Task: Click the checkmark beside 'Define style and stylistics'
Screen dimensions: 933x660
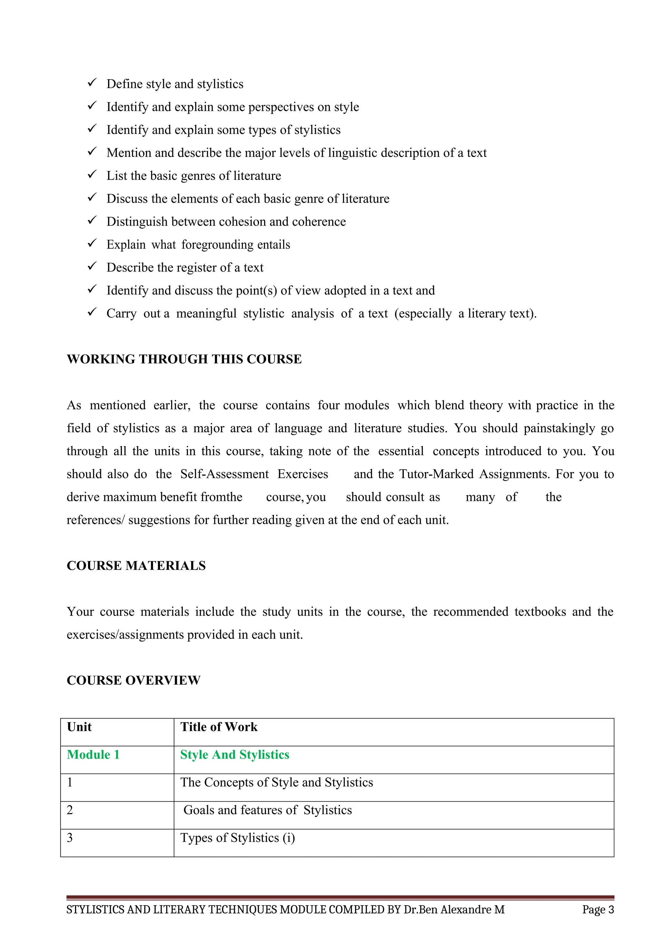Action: (x=92, y=83)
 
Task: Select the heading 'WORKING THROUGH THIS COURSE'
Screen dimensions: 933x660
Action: (x=184, y=359)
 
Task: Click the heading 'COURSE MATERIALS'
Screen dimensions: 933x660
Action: (x=136, y=566)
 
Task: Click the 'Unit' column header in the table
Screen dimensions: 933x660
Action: (x=79, y=727)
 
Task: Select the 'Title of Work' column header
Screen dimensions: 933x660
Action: (x=218, y=727)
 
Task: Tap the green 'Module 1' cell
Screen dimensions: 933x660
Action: (x=93, y=755)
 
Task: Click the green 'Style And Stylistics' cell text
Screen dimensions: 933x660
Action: (x=235, y=755)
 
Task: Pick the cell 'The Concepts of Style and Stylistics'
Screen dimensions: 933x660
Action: (x=277, y=782)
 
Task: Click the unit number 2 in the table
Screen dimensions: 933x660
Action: (x=70, y=810)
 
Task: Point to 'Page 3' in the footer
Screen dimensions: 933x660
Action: (x=598, y=910)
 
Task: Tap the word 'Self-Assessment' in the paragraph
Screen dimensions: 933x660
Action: (x=224, y=474)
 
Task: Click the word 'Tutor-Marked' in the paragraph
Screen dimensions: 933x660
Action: (x=436, y=474)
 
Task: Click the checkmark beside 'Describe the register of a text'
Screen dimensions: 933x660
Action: (x=92, y=266)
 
